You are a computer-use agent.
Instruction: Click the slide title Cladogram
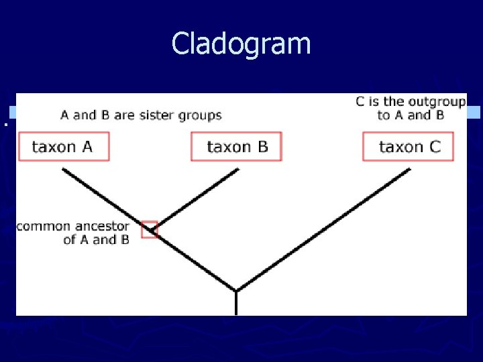pos(241,44)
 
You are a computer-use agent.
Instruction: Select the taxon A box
pos(63,147)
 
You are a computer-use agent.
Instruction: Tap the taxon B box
pos(237,147)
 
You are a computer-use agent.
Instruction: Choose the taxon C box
pos(409,147)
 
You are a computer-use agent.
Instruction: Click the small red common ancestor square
pos(150,229)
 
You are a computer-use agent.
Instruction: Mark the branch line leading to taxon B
pos(198,198)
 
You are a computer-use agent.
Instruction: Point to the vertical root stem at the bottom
pos(236,303)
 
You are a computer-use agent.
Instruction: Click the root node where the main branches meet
pos(236,291)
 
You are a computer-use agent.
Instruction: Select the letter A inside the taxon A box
pos(87,147)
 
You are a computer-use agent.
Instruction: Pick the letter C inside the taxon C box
pos(434,147)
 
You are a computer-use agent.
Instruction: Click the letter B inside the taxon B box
pos(262,147)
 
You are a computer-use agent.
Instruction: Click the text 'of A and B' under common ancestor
pos(96,240)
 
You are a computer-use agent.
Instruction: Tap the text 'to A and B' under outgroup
pos(411,115)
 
